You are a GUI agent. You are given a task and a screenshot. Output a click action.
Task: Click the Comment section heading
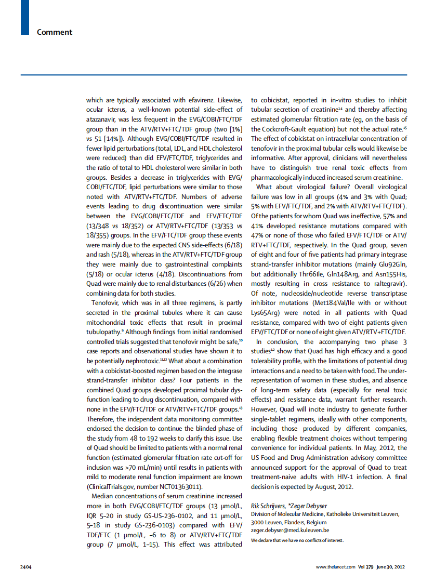tap(55, 32)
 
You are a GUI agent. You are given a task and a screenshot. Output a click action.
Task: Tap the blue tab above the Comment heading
tap(24, 17)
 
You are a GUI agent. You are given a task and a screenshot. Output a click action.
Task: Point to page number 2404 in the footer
tap(26, 566)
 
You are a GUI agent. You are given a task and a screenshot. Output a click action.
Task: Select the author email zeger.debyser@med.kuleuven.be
tap(290, 530)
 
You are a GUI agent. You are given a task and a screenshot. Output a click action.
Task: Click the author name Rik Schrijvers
tap(269, 506)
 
